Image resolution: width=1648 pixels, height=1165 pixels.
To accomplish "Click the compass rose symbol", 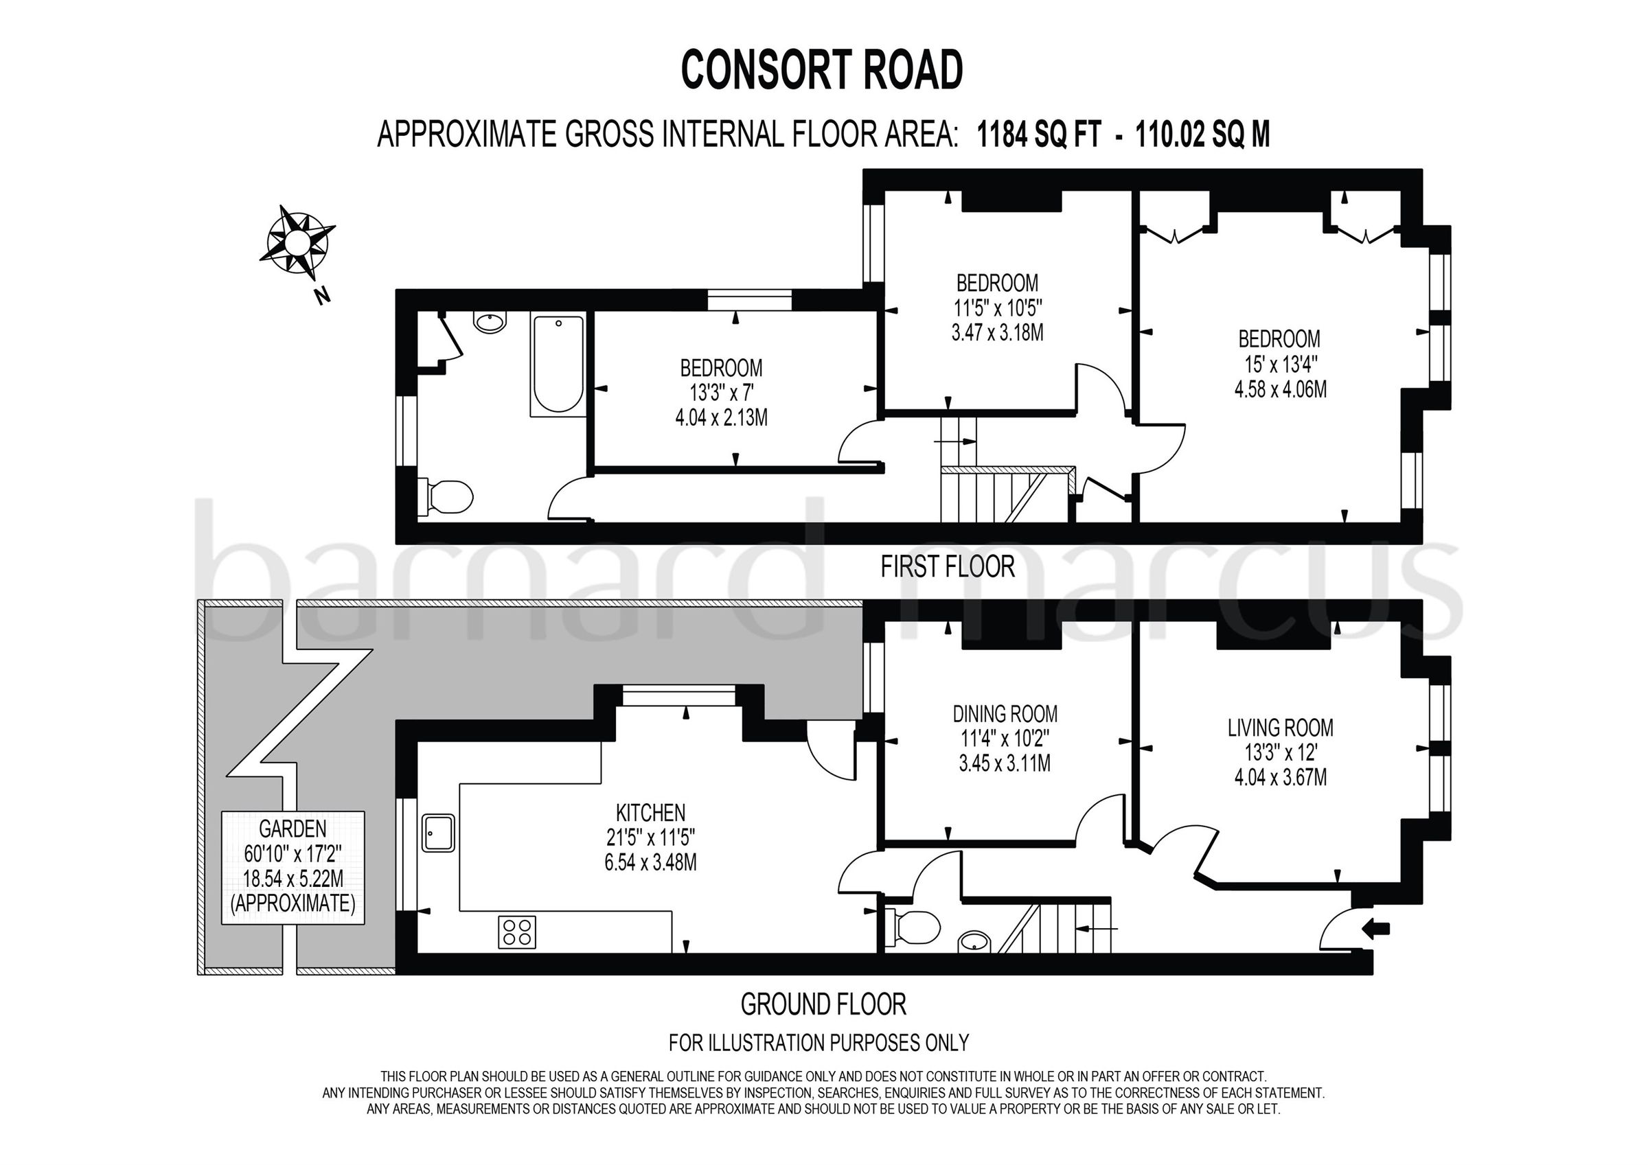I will (297, 245).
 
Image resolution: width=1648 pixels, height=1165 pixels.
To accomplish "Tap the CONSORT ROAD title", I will (822, 70).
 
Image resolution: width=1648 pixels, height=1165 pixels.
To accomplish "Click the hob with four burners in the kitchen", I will (517, 932).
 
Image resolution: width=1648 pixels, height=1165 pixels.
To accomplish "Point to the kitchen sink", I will (439, 832).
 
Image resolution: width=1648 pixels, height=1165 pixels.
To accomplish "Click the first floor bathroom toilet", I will (448, 497).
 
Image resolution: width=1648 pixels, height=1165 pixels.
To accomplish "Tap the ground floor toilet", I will (913, 927).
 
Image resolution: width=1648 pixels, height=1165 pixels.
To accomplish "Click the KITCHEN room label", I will (650, 813).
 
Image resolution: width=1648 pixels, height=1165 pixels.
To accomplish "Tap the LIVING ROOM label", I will (1280, 728).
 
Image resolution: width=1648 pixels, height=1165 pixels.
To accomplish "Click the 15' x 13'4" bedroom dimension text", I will (1280, 364).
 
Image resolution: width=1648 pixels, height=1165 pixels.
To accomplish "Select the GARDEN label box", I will (293, 867).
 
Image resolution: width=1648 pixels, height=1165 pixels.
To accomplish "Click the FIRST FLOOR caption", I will (948, 567).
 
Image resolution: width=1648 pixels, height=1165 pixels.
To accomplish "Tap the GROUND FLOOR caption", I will (823, 1004).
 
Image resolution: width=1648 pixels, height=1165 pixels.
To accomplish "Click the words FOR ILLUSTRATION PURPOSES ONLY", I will (819, 1041).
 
